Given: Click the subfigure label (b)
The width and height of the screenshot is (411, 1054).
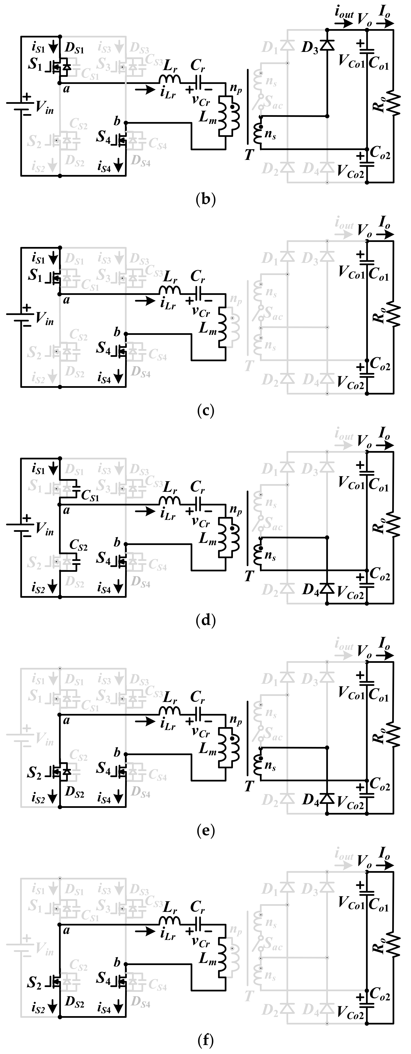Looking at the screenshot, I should [205, 199].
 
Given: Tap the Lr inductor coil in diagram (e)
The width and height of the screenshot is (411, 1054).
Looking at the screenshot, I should [170, 714].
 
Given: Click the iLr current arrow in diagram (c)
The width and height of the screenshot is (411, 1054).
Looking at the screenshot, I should [145, 302].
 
